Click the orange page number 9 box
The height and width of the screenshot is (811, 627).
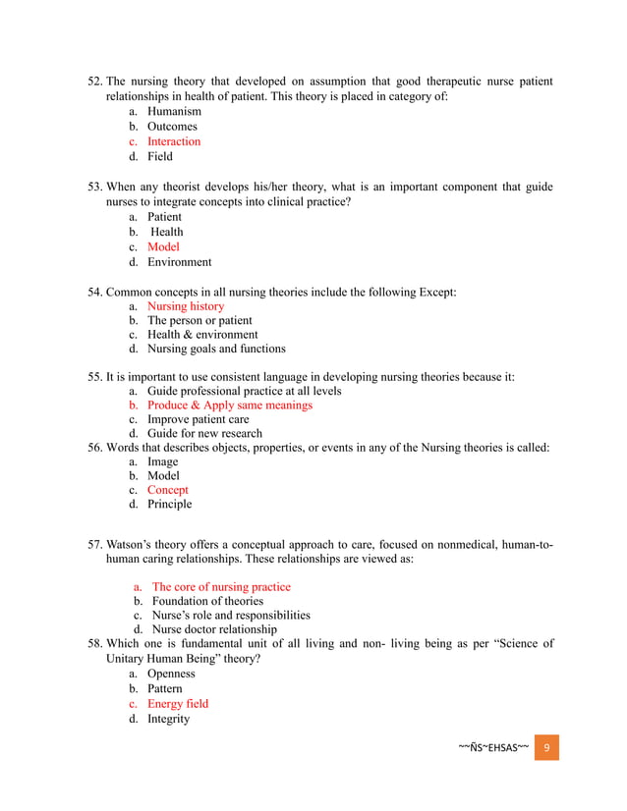coord(546,747)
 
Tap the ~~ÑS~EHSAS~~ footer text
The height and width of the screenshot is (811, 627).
coord(493,748)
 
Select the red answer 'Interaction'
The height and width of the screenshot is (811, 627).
coord(174,141)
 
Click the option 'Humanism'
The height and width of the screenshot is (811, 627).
coord(174,112)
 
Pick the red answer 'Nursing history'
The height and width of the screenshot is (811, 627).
coord(186,306)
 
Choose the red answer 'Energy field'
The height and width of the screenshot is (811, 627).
coord(178,704)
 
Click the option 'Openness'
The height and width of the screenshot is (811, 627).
coord(171,675)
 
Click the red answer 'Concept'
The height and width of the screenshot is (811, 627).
coord(168,490)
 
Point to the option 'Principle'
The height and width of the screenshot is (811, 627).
coord(170,505)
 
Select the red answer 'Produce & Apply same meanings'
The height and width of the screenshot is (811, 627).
coord(230,405)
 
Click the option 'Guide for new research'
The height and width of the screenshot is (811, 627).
coord(204,434)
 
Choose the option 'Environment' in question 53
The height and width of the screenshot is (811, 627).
coord(180,262)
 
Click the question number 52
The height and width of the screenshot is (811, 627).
coord(94,81)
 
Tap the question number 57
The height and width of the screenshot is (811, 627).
coord(94,544)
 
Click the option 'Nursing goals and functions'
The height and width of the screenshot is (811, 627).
coord(216,349)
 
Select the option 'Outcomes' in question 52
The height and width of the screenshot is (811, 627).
coord(172,127)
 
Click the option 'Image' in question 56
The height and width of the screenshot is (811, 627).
coord(163,461)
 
